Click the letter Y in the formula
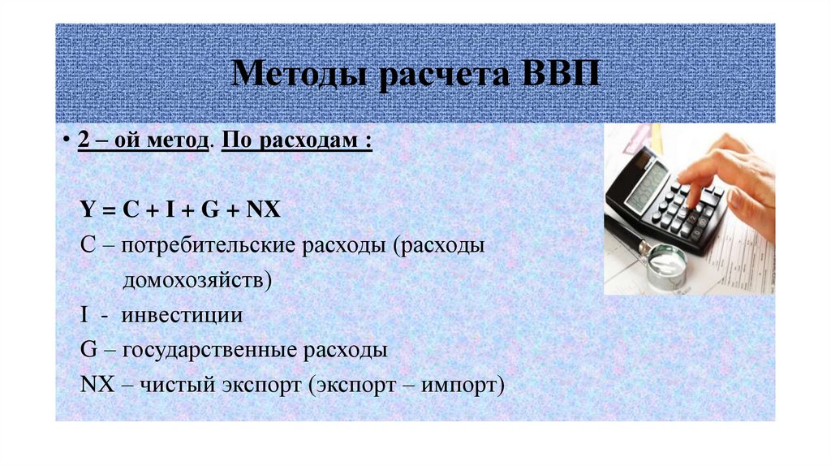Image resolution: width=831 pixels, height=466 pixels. pyautogui.click(x=87, y=209)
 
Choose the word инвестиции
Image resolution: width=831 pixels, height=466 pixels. pyautogui.click(x=182, y=315)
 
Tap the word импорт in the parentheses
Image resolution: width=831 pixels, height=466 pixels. pyautogui.click(x=459, y=385)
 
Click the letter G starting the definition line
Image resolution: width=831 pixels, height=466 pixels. pyautogui.click(x=89, y=350)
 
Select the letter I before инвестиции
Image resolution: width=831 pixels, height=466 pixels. pyautogui.click(x=84, y=315)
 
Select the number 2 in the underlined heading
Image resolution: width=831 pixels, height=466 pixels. pyautogui.click(x=83, y=140)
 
